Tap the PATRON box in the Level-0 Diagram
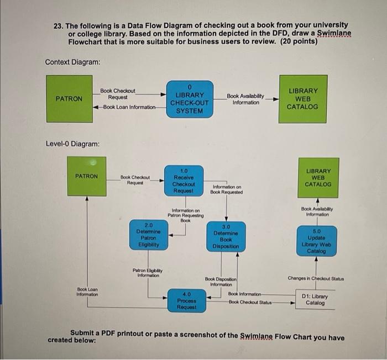(87, 176)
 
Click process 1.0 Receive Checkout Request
(184, 181)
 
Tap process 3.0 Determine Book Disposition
(226, 237)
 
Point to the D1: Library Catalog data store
(315, 299)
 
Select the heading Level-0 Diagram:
(72, 144)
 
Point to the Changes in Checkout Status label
(316, 278)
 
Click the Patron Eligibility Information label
(146, 272)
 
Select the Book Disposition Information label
(221, 282)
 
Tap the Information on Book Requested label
(226, 189)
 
